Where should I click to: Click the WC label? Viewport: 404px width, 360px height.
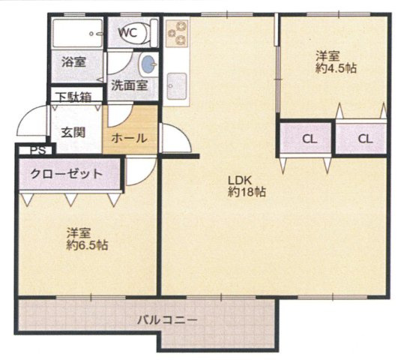127,32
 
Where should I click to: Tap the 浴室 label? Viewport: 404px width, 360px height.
73,62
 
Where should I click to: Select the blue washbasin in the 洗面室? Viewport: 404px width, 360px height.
149,63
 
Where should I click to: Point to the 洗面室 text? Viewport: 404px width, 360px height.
129,85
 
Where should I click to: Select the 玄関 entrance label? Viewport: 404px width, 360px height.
73,132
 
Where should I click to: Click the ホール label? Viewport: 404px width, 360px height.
129,138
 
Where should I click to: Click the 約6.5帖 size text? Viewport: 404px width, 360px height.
86,245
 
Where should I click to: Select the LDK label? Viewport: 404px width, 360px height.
238,180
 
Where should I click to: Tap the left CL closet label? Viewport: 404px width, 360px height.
309,138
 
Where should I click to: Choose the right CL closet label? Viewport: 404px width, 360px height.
365,138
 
